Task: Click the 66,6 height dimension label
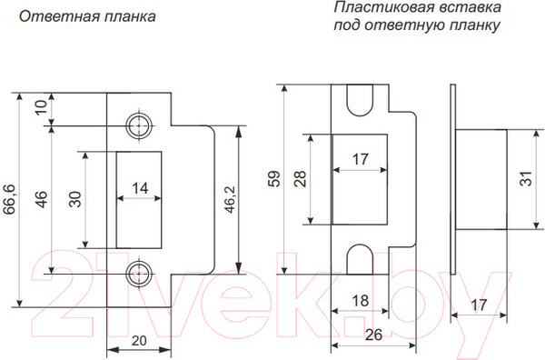click(x=10, y=199)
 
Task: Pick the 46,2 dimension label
click(x=230, y=197)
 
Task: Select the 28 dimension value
click(x=301, y=179)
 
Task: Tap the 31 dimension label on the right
click(x=526, y=179)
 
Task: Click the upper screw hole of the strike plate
click(x=140, y=125)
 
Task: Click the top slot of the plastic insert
click(x=361, y=101)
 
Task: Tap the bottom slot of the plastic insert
click(x=361, y=259)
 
